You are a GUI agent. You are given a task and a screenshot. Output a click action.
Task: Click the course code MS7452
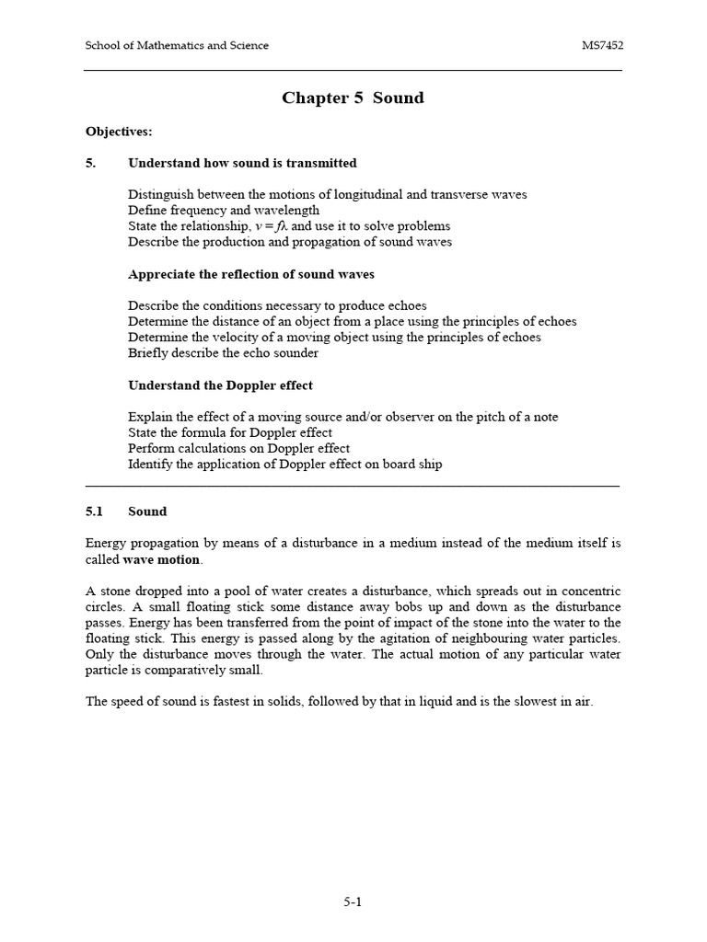pos(601,46)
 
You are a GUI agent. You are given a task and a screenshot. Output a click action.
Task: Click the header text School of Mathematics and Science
pos(177,46)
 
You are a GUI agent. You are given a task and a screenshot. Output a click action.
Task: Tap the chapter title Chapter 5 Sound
pos(353,98)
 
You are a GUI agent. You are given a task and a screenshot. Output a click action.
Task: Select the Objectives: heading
pos(119,132)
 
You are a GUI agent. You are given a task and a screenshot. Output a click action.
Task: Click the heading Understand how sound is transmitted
pos(242,163)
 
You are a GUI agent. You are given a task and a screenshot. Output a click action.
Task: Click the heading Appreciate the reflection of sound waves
pos(251,274)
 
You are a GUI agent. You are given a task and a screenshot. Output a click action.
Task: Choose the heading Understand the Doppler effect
pos(220,385)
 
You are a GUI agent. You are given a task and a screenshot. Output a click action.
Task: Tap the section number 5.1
pos(95,511)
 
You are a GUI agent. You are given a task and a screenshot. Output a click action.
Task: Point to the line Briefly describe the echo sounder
pos(223,353)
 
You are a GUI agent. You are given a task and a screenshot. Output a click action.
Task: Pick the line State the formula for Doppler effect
pos(230,432)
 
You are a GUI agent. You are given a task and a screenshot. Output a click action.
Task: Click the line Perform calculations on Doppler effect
pos(238,448)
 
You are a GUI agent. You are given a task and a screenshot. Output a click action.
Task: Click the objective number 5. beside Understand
pos(91,163)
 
